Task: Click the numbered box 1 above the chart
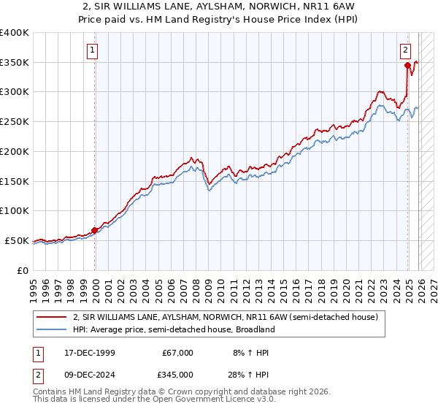(x=93, y=50)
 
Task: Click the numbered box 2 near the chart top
(x=404, y=50)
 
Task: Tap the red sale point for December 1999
(x=95, y=230)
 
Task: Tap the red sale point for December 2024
(x=407, y=65)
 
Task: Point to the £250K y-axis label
(x=15, y=121)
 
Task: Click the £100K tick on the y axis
(x=15, y=210)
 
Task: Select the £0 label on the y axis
(x=23, y=270)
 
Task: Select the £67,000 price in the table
(x=177, y=353)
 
